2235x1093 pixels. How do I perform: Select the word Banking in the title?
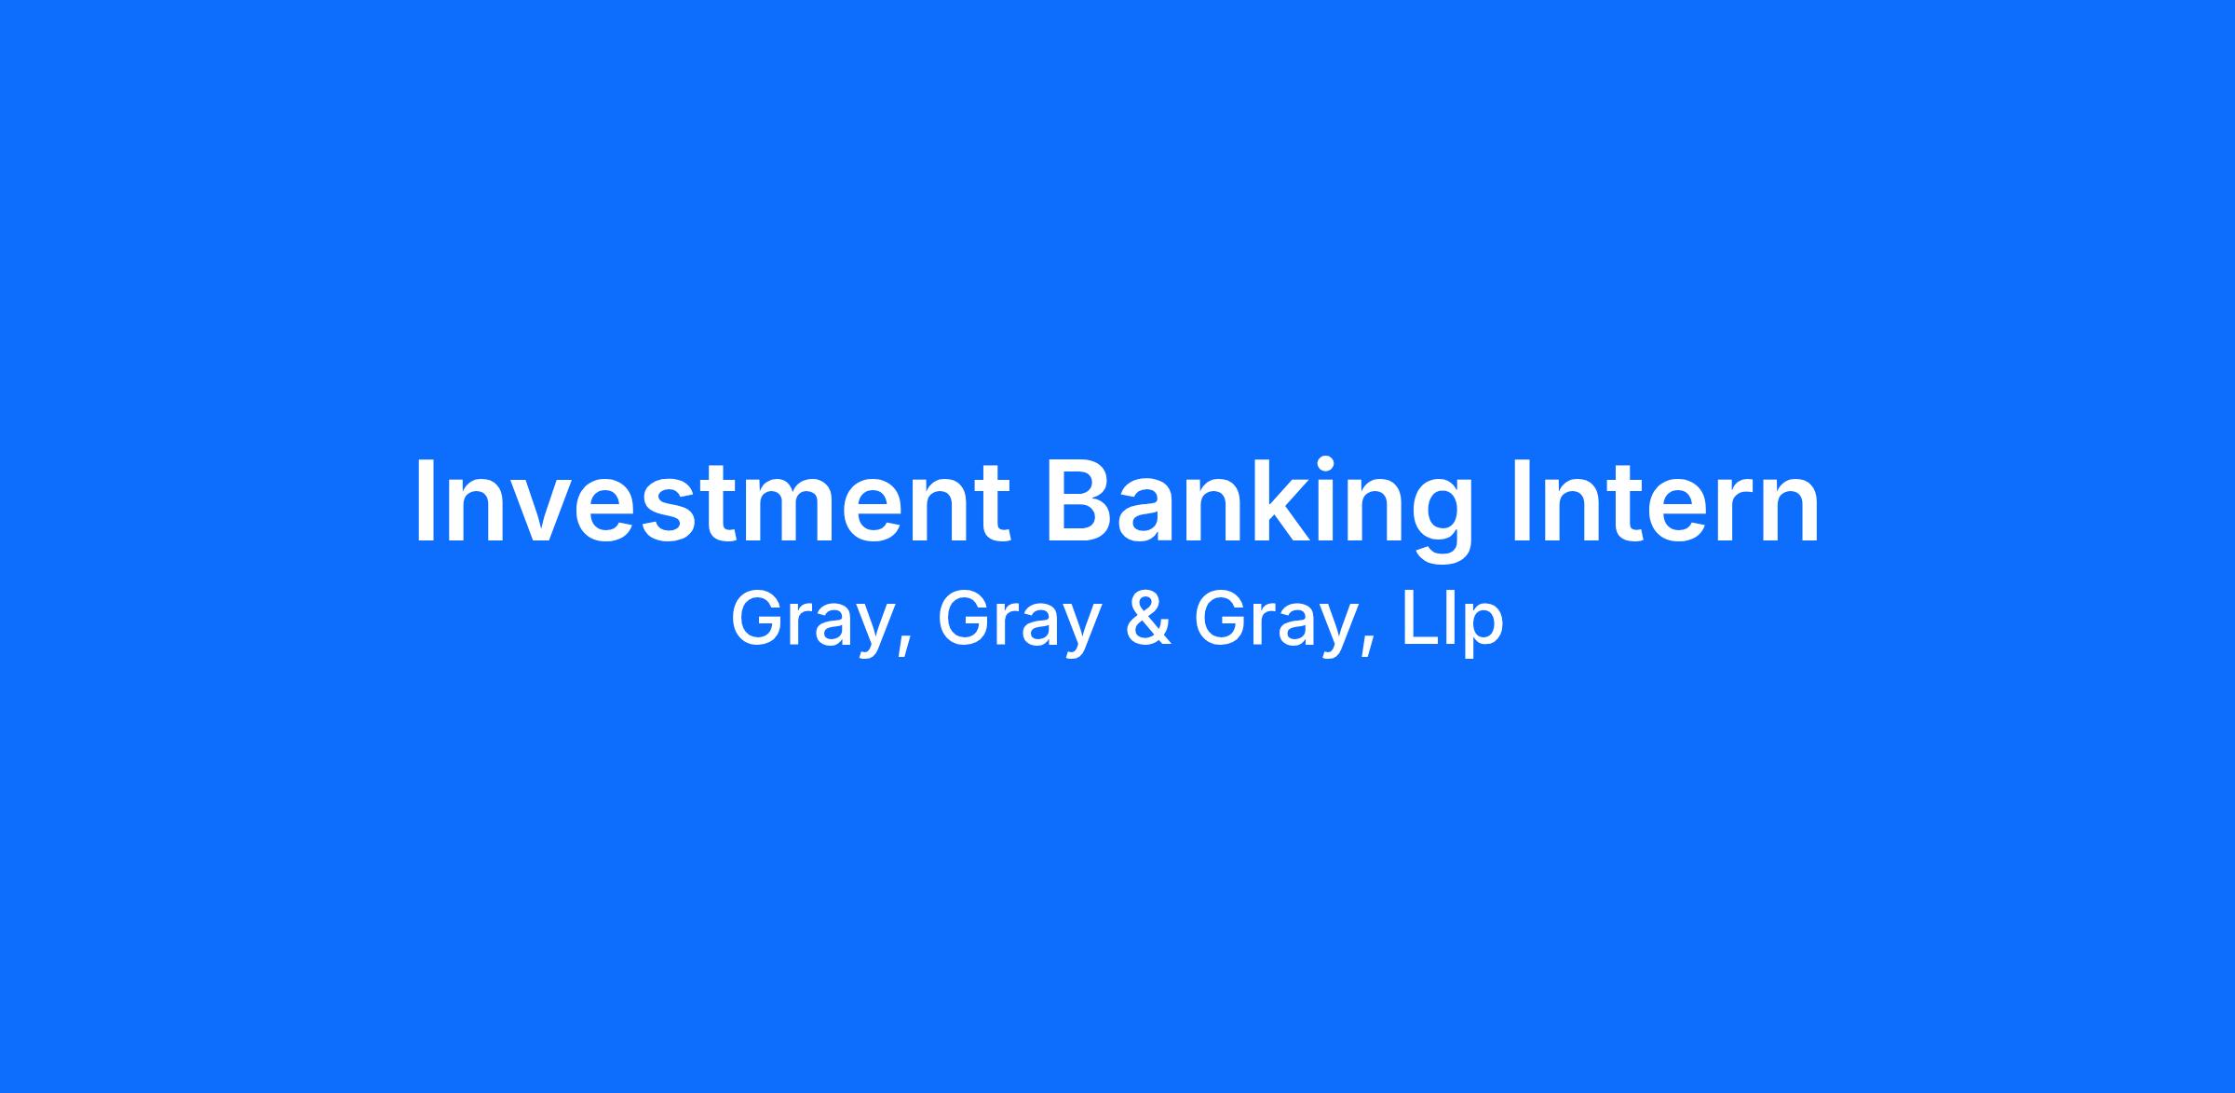coord(1260,509)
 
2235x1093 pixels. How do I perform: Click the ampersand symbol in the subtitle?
coord(1148,620)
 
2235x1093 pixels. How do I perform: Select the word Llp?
coord(1454,622)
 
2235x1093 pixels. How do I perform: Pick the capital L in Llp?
coord(1419,620)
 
